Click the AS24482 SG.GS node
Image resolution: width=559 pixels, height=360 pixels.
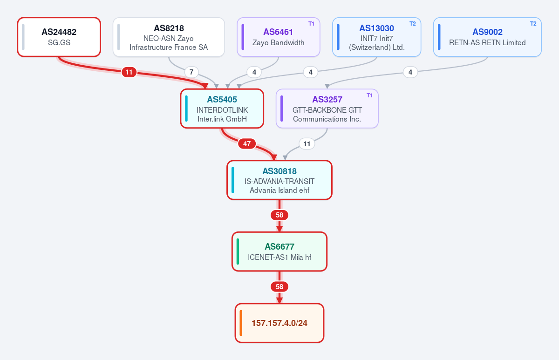[59, 37]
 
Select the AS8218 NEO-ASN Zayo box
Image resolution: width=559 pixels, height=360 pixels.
[169, 37]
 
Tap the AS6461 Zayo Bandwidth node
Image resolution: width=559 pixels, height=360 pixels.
[279, 37]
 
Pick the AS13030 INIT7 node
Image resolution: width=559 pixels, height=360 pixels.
[376, 37]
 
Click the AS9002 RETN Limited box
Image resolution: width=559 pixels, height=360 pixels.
[487, 37]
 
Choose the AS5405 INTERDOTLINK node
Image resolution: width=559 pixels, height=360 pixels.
[222, 109]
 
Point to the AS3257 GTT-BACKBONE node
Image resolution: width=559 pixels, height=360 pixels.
[327, 109]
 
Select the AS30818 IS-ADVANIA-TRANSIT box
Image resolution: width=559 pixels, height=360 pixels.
[279, 180]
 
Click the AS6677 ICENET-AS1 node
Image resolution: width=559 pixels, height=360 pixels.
[279, 251]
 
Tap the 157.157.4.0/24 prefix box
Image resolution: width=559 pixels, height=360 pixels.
[279, 323]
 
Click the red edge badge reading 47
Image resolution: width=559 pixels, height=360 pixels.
[247, 144]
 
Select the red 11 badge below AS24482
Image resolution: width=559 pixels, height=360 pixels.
[129, 72]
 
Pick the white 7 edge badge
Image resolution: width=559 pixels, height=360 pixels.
[191, 72]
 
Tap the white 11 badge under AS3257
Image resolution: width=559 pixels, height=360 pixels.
[307, 144]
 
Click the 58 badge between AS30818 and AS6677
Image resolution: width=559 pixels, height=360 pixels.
[279, 215]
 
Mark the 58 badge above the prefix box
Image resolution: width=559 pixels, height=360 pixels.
[279, 287]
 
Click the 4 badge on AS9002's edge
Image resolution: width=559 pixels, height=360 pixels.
[410, 72]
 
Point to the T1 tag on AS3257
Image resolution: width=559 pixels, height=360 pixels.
[369, 95]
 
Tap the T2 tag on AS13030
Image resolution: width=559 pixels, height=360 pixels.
[413, 24]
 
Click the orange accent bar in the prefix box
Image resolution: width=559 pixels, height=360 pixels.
[241, 323]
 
